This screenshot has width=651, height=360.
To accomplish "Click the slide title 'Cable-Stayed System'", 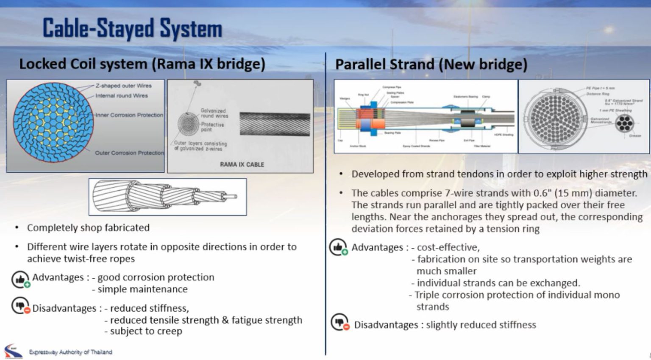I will (x=132, y=28).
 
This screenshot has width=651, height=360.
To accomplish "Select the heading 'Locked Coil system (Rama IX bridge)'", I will (x=142, y=64).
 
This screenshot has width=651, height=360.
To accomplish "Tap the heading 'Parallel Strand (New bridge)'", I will (x=431, y=64).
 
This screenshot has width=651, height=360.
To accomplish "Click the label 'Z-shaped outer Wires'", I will (x=123, y=86).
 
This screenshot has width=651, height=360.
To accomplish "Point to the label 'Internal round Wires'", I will (x=122, y=96).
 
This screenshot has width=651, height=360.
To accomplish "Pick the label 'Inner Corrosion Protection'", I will (x=129, y=115).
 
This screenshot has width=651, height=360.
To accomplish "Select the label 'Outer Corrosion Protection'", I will (x=129, y=153).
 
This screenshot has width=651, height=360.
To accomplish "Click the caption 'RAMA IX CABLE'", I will (x=242, y=164).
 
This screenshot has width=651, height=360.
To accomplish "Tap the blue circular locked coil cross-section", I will (x=53, y=122).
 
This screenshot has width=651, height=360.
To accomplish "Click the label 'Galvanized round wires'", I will (x=214, y=113).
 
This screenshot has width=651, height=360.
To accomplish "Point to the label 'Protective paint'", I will (x=212, y=127).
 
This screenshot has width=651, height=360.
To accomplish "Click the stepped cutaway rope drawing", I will (x=167, y=197).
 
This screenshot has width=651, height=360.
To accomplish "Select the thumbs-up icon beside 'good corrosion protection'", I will (x=20, y=280).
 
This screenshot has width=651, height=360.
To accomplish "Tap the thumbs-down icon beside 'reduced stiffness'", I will (x=20, y=306).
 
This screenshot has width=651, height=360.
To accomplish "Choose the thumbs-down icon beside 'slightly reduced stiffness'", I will (x=340, y=323).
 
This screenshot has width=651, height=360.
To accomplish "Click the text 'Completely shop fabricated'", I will (x=88, y=228).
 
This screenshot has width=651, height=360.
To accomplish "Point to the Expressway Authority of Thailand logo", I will (x=13, y=351).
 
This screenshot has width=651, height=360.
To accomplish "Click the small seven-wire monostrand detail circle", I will (x=624, y=125).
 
